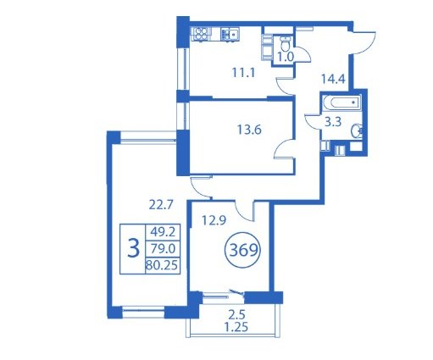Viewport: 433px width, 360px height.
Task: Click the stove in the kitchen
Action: tap(201, 34)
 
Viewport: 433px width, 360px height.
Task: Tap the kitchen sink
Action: tap(230, 34)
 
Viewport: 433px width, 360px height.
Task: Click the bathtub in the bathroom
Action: tap(342, 102)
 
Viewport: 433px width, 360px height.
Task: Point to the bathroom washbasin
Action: tap(357, 130)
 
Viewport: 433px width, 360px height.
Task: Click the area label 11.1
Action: tap(243, 73)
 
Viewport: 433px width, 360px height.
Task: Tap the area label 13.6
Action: tap(249, 130)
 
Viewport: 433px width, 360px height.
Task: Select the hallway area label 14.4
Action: tap(333, 79)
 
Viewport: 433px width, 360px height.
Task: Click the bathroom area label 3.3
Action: tap(333, 122)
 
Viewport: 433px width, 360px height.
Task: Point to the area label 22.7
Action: tap(160, 205)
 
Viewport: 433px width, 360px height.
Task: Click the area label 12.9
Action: tap(214, 220)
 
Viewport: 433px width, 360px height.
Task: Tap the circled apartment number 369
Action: tap(243, 250)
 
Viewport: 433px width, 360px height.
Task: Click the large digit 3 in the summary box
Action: tap(133, 248)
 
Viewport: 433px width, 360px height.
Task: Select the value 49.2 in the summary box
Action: tap(163, 232)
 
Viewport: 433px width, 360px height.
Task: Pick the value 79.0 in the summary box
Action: tap(163, 249)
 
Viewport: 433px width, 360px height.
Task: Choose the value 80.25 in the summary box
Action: tap(162, 265)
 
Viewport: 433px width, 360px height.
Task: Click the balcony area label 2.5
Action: tap(236, 314)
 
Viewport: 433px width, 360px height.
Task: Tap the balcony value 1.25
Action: tap(236, 327)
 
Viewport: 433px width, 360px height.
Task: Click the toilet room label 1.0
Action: tap(286, 58)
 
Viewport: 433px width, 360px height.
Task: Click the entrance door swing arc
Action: tap(370, 46)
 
